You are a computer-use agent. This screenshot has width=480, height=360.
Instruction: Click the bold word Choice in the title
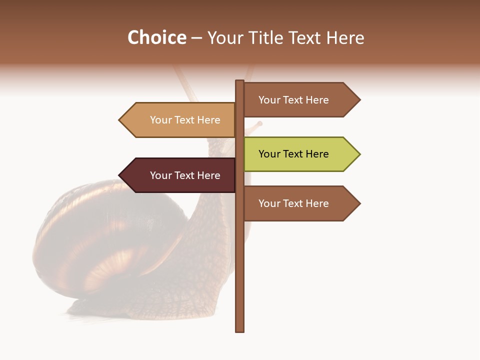156,38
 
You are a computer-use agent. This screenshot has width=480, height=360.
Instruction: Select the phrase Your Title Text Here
285,38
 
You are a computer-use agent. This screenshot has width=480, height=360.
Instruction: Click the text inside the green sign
293,154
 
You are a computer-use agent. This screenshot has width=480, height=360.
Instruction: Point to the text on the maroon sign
185,175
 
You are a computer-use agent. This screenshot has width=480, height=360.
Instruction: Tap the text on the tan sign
185,120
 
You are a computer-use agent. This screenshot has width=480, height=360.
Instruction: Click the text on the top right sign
293,100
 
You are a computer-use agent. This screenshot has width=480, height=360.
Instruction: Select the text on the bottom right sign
293,203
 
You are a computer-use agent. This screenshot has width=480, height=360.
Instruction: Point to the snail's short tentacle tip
259,123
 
